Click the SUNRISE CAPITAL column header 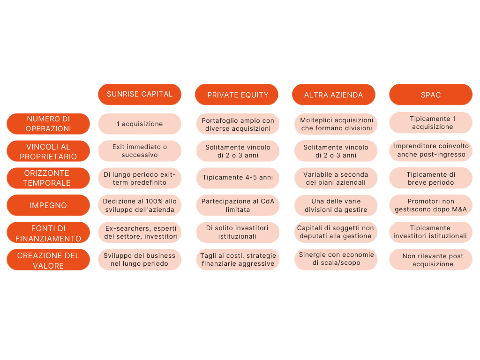point(140,94)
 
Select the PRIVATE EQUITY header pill point(237,94)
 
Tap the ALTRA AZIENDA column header point(334,94)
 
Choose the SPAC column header point(431,94)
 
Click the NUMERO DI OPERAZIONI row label point(48,124)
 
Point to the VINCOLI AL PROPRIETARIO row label point(48,151)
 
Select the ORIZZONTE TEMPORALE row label point(48,178)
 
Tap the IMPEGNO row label point(48,205)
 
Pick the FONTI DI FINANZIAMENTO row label point(48,232)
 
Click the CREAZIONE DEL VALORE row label point(48,260)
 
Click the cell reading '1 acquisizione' point(140,124)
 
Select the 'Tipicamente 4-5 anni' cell point(238,178)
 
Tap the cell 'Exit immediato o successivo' point(140,151)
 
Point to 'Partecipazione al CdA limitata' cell point(238,205)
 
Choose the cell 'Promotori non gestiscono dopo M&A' point(431,205)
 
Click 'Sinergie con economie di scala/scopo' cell point(336,259)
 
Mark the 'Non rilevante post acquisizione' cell point(431,259)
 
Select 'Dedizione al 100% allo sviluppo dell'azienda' point(140,205)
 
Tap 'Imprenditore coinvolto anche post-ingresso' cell point(431,150)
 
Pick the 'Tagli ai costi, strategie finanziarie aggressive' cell point(238,259)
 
